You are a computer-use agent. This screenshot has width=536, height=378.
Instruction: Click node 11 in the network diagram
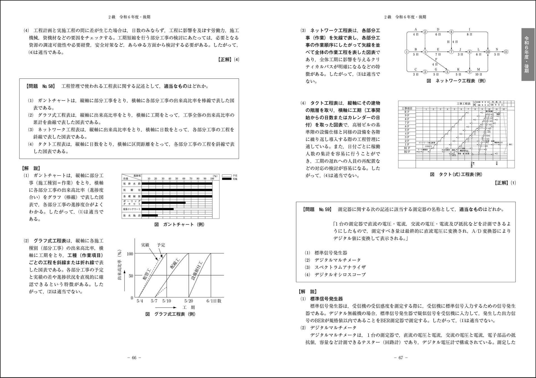(x=506, y=52)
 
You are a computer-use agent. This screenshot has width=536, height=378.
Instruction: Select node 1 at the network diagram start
(x=407, y=52)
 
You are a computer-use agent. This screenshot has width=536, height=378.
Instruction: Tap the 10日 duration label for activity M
(x=479, y=74)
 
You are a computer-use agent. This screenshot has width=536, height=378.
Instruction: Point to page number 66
(x=134, y=358)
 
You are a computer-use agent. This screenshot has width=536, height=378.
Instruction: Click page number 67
(x=401, y=358)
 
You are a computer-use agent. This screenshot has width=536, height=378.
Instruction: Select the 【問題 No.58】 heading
(x=40, y=86)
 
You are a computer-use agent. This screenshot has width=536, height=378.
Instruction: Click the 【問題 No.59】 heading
(x=317, y=209)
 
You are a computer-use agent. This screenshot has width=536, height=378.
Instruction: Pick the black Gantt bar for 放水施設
(x=149, y=216)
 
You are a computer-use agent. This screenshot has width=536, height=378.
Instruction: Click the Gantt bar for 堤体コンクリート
(x=157, y=209)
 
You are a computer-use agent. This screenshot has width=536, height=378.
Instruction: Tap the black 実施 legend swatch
(x=227, y=179)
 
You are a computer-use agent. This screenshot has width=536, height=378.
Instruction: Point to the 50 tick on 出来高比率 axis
(x=131, y=276)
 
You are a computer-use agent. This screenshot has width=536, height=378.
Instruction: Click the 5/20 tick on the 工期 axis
(x=189, y=301)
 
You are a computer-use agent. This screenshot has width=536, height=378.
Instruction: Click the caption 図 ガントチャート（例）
(x=179, y=225)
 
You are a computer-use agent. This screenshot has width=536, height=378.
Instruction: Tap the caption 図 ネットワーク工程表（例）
(x=456, y=81)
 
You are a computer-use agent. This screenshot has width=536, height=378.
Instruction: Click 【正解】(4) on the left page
(x=229, y=59)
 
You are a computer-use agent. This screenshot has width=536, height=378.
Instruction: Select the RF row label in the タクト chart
(x=407, y=112)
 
